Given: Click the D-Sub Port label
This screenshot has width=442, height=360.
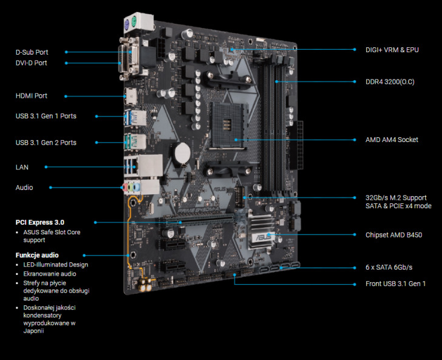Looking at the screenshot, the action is coord(32,52).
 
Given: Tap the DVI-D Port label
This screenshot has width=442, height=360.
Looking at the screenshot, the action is coord(32,63).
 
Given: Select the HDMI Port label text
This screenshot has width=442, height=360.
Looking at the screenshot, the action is coord(32,96).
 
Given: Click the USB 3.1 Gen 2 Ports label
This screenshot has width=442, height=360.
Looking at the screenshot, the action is coord(46,143).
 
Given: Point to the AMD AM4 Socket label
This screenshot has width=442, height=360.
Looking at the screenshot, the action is coord(392,140).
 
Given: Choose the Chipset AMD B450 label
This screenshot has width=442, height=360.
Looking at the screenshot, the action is coord(394,235).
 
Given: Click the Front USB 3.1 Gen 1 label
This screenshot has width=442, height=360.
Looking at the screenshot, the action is coord(395,284).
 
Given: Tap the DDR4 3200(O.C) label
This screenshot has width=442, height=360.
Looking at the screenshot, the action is coord(390,82).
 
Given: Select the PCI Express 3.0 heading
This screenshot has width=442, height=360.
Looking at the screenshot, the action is coord(39,222).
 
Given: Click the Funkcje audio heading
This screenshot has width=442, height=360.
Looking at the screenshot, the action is coord(37,255).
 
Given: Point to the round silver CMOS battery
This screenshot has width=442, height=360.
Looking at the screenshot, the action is coord(183,153).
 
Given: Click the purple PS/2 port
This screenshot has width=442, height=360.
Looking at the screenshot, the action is coord(126,24).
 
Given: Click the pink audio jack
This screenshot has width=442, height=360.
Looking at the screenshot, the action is coord(124,187).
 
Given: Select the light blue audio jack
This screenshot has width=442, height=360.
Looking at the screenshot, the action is coord(137,187).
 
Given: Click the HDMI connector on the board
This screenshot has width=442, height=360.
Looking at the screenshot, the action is coord(131,97).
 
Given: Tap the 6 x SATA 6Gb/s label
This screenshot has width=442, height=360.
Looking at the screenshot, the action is coord(389,267).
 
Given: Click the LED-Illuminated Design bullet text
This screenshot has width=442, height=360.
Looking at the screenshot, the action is coord(55,265).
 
